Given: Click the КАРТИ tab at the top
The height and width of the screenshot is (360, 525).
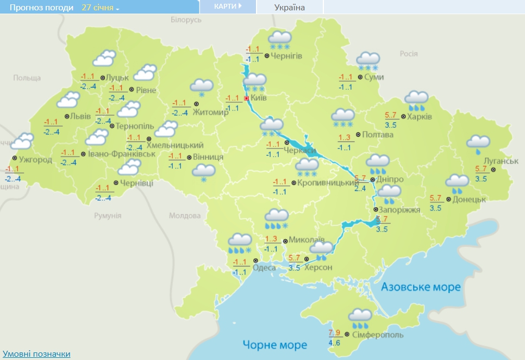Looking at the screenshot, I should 228,7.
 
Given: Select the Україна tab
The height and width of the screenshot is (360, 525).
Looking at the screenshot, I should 290,7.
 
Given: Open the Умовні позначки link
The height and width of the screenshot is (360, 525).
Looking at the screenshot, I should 36,354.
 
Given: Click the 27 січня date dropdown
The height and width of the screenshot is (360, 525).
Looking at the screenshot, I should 101,8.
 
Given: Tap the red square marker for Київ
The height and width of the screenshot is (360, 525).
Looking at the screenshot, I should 247,98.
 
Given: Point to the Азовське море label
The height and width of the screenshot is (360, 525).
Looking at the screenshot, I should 421,287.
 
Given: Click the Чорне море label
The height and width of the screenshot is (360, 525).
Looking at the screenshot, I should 275,344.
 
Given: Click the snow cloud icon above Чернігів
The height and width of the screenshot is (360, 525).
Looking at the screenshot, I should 280,40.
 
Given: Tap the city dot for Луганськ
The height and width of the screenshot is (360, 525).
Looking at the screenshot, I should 493,170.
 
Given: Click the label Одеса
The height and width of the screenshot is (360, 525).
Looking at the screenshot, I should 265,268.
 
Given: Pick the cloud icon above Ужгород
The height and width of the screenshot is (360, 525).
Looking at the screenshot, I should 22,142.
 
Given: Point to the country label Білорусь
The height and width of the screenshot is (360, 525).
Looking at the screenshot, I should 186,20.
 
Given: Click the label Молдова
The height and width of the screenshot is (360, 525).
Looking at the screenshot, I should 185,216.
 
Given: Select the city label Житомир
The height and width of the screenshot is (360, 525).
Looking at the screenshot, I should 211,113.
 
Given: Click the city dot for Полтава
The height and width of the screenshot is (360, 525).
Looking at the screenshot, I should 358,134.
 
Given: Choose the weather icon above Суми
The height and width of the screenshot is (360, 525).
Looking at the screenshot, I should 368,61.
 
